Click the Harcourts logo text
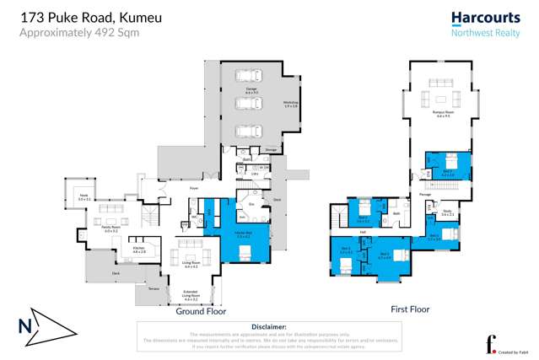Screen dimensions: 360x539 pyautogui.click(x=480, y=16)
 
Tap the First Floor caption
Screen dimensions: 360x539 pyautogui.click(x=410, y=309)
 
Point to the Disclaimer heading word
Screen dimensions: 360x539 pyautogui.click(x=269, y=326)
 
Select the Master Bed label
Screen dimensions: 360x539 pyautogui.click(x=244, y=235)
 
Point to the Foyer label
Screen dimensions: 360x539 pyautogui.click(x=193, y=189)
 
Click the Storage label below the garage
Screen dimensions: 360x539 pyautogui.click(x=271, y=150)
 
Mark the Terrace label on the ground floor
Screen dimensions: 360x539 pyautogui.click(x=154, y=288)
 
